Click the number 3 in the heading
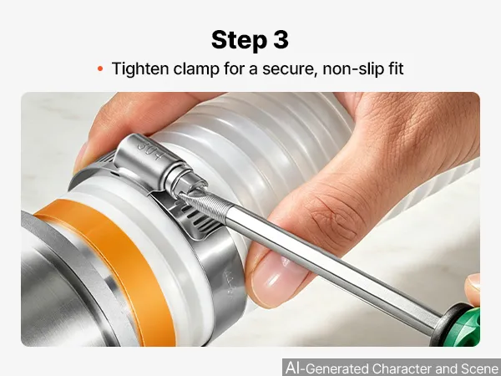pos(281,39)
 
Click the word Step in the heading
pos(239,40)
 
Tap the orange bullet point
pos(100,69)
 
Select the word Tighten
pos(140,69)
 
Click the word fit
pos(394,69)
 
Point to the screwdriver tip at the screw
pos(182,195)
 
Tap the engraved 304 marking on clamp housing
pos(150,150)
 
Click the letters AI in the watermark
pos(293,368)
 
